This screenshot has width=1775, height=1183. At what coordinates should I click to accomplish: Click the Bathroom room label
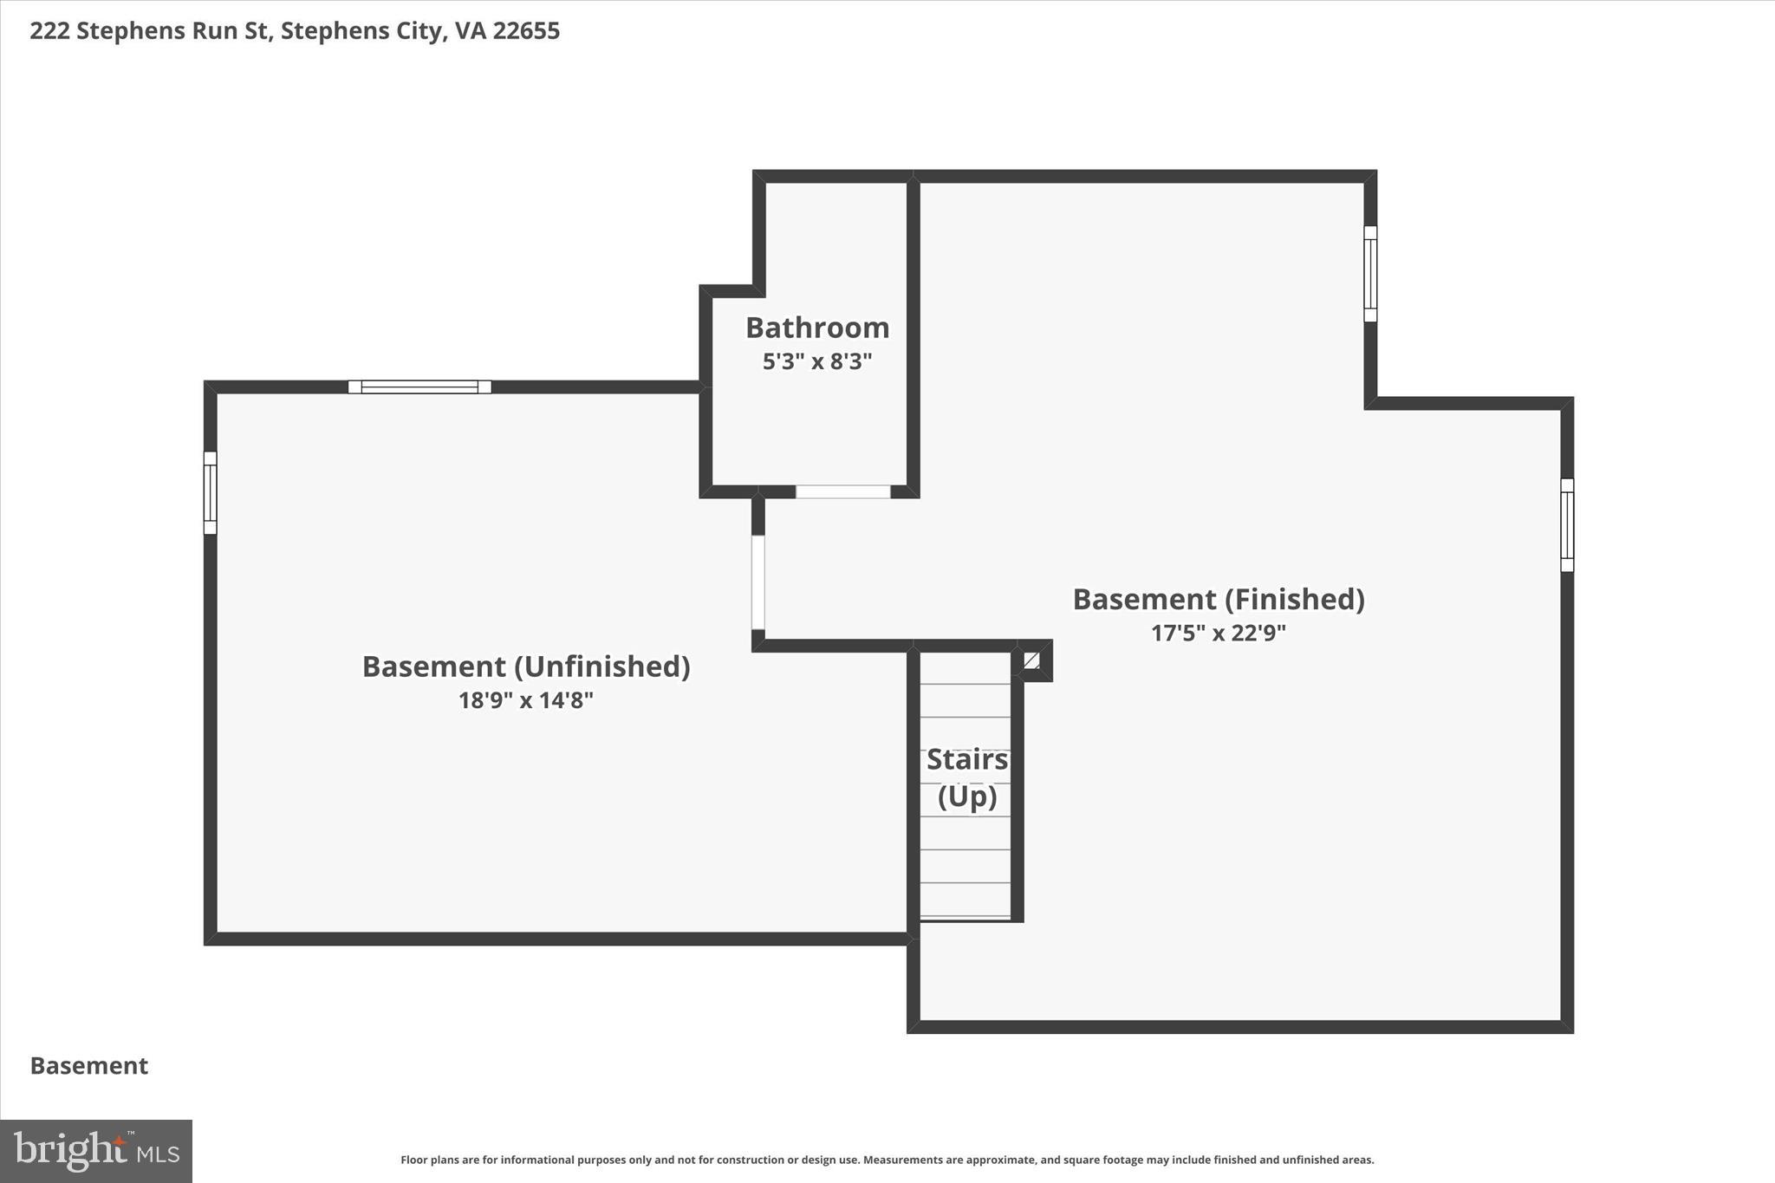pos(817,328)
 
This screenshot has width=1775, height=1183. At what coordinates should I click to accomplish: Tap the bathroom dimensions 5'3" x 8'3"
pos(816,361)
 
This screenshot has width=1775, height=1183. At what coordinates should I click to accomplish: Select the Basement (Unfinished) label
pos(526,666)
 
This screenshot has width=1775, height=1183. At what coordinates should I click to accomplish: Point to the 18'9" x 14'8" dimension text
pos(526,700)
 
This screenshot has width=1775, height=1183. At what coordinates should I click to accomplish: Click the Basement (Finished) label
pos(1219,599)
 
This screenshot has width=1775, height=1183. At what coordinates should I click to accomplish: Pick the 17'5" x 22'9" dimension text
pos(1219,633)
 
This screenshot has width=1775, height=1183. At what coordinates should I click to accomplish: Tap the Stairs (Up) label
pos(966,777)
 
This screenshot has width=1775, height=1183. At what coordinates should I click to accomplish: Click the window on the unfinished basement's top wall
pos(419,387)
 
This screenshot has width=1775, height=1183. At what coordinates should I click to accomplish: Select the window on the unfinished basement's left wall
pos(211,492)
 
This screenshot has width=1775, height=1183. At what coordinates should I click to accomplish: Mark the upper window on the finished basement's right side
pos(1370,274)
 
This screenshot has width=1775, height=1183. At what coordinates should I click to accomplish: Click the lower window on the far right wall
pos(1567,525)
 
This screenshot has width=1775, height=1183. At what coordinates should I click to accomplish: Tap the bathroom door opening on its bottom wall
pos(843,491)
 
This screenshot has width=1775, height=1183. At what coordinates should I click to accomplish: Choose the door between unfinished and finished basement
pos(758,582)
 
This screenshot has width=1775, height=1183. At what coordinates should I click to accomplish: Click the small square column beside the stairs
pos(1032,661)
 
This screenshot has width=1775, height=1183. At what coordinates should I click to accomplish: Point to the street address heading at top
pos(295,31)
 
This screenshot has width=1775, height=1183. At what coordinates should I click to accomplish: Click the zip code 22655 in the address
pos(526,31)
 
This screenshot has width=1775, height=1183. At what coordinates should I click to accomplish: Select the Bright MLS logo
pos(96,1151)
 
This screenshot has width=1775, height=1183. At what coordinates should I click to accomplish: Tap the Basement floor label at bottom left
pos(89,1066)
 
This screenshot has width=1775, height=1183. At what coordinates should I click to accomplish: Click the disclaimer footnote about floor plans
pos(887,1160)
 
